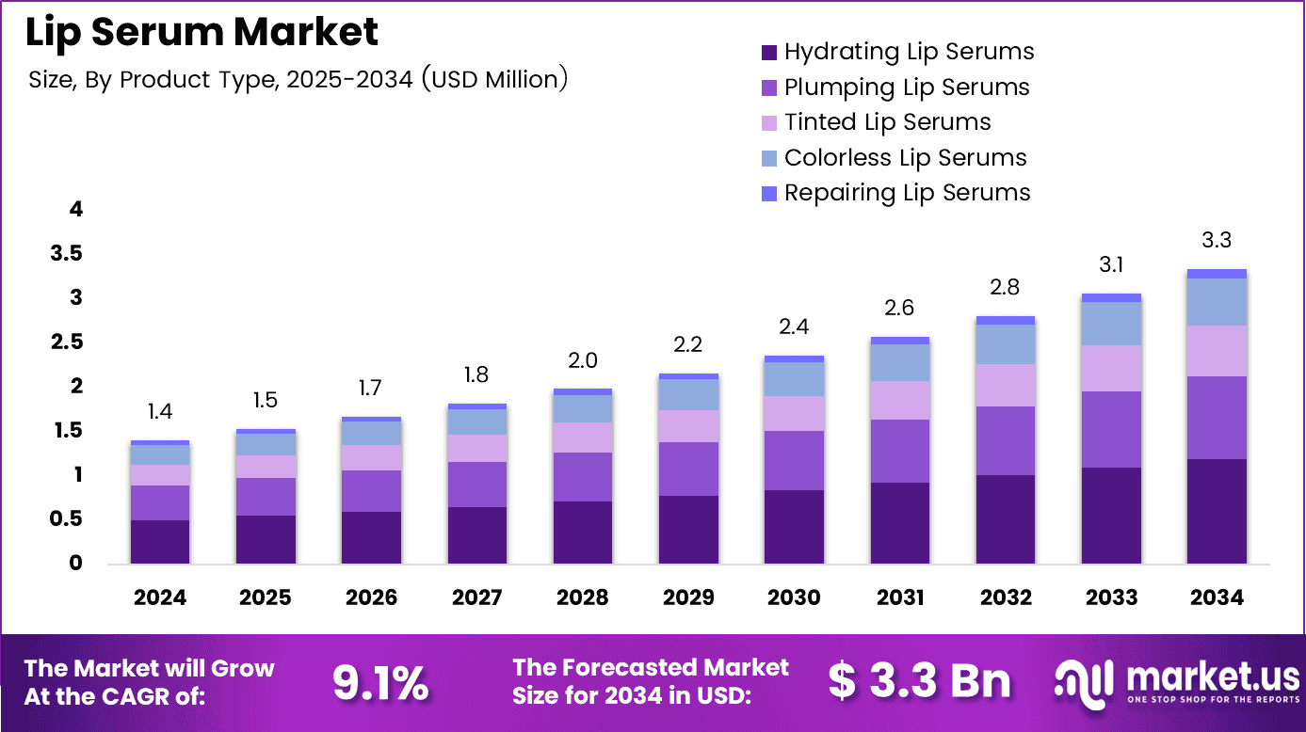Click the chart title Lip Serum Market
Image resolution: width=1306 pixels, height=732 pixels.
(x=202, y=33)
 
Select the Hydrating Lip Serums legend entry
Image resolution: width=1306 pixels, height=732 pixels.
(x=909, y=52)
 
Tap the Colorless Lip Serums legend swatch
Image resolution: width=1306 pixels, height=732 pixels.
(x=768, y=158)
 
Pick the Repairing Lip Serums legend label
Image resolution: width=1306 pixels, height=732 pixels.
(x=907, y=193)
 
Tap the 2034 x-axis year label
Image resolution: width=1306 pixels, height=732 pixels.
(x=1216, y=597)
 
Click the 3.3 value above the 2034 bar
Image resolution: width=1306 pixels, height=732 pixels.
(x=1216, y=241)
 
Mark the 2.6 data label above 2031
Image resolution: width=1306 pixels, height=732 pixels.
(x=898, y=309)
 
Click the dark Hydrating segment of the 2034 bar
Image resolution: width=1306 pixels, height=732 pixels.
(x=1216, y=511)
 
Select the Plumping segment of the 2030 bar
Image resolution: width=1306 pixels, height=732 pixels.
(x=793, y=460)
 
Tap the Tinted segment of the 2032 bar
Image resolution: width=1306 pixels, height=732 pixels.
(x=1005, y=385)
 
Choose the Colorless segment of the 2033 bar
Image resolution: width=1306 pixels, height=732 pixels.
(x=1110, y=323)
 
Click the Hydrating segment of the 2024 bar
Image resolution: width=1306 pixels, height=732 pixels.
(x=159, y=542)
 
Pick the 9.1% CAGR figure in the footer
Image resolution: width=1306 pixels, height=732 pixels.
(x=380, y=683)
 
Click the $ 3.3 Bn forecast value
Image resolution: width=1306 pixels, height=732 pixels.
(x=920, y=681)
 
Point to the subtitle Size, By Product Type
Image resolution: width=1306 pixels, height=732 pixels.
(x=298, y=80)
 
